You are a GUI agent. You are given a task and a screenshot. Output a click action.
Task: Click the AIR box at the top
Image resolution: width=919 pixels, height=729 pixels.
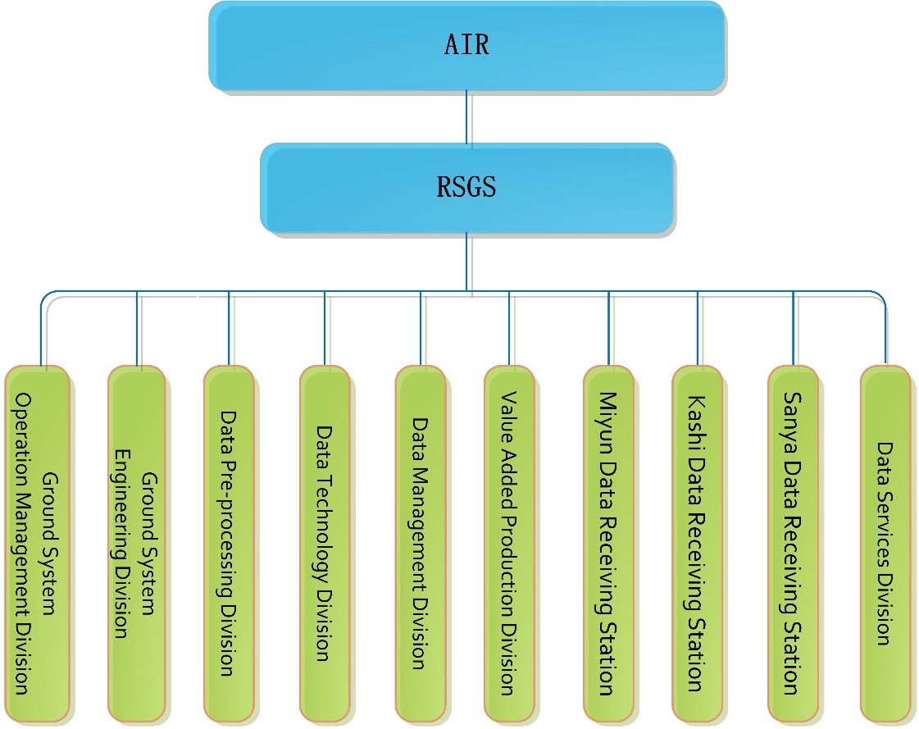[466, 45]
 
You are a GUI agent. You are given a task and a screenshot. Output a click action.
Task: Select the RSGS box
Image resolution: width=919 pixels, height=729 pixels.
[466, 188]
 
